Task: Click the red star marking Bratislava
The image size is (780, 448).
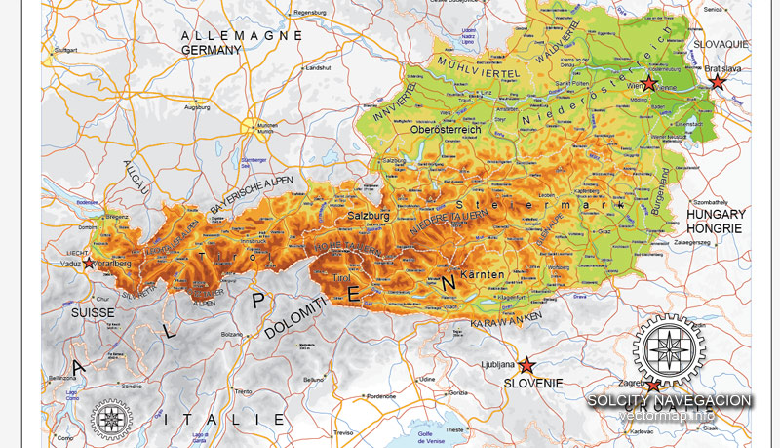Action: point(718,83)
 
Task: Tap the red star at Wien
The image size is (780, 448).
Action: point(649,85)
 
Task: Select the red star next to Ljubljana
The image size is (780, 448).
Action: point(526,365)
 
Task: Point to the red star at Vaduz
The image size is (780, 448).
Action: point(90,264)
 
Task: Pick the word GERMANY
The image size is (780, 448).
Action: point(211,50)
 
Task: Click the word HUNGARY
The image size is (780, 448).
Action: point(717,214)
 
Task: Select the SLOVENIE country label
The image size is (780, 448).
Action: point(533,384)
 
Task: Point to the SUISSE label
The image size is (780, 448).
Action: point(93,312)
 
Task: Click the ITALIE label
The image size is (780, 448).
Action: point(225,419)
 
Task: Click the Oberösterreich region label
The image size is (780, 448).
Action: point(447,130)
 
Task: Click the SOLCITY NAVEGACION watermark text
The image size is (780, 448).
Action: point(669,400)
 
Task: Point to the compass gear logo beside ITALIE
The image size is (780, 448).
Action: point(110,419)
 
